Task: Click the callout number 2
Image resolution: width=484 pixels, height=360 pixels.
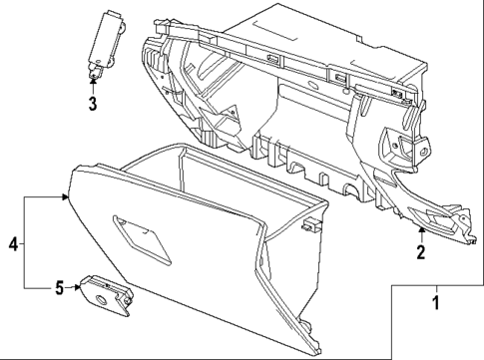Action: click(420, 252)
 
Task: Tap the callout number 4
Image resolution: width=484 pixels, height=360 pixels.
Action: click(13, 243)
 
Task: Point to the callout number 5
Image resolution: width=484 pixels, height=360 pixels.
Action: click(60, 288)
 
